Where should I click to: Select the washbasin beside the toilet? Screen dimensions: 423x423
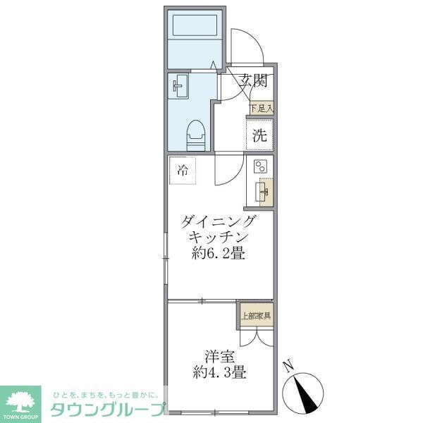[179, 87]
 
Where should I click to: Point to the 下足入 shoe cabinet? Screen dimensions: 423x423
[261, 109]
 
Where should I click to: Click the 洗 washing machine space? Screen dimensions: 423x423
[259, 135]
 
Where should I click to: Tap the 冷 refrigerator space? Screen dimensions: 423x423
[183, 170]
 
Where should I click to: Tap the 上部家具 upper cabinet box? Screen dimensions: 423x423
[256, 315]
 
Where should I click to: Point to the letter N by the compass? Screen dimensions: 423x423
[288, 366]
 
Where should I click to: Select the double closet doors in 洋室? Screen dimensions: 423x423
[255, 337]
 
